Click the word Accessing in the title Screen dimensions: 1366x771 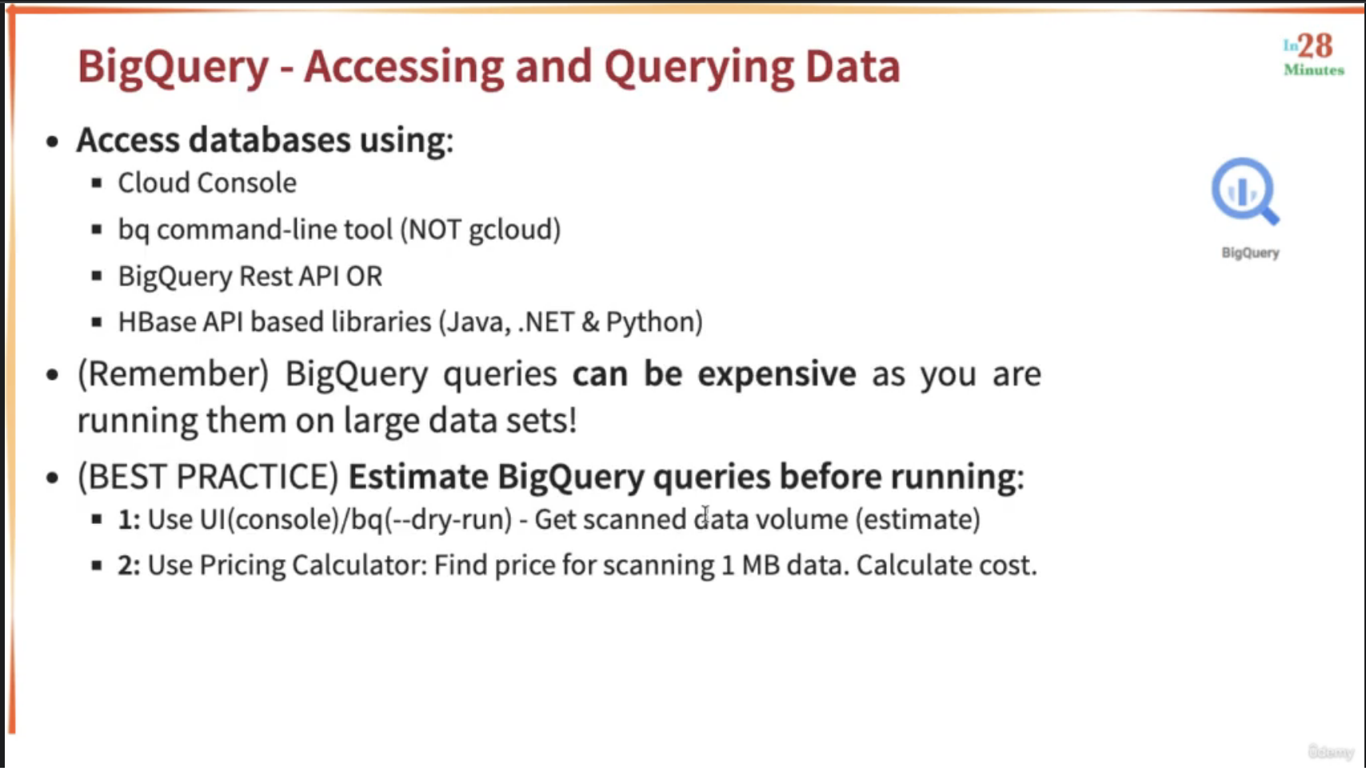[x=404, y=66]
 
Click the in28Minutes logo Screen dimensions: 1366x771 [x=1313, y=55]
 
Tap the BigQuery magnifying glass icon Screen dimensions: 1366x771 [x=1245, y=191]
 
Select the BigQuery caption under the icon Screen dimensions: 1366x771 [x=1250, y=253]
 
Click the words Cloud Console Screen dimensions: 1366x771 [x=207, y=183]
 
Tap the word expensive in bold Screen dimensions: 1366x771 [x=777, y=374]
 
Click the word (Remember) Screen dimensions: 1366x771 [x=174, y=374]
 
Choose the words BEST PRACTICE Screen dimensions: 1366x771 [x=208, y=477]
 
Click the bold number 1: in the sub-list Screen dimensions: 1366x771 [x=130, y=520]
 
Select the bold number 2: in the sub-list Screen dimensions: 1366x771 [x=130, y=565]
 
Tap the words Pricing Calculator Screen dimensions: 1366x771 [x=314, y=565]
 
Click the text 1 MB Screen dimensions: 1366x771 [x=751, y=565]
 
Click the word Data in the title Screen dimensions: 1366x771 [x=853, y=66]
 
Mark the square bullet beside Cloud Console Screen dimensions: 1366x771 [x=97, y=182]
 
